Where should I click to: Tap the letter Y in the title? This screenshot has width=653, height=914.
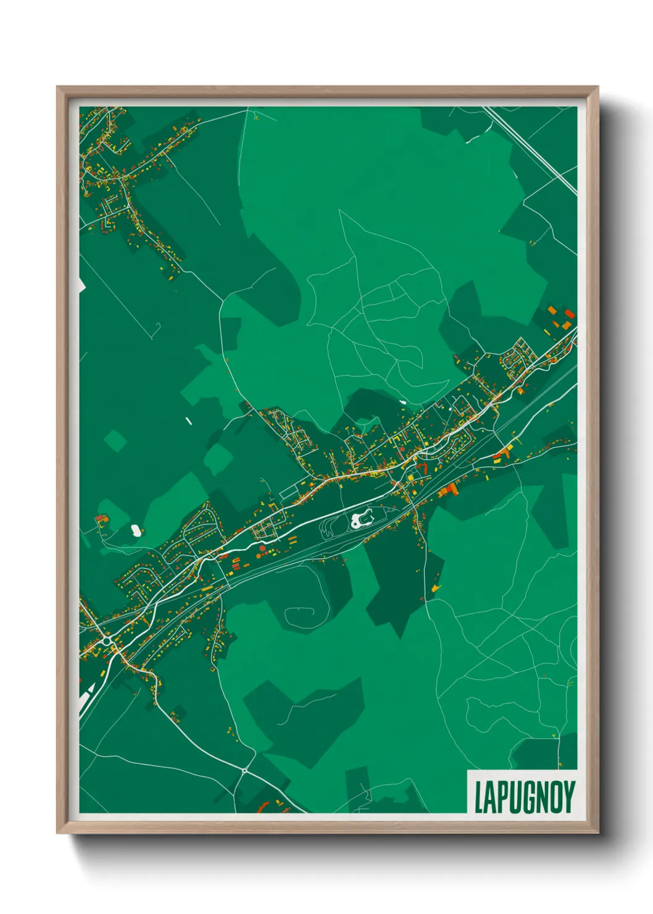568,797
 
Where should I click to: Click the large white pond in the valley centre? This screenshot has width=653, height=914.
362,519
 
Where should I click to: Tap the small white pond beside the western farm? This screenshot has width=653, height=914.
135,529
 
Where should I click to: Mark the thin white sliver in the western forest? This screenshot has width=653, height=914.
188,421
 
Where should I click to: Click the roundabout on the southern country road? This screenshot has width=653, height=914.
245,771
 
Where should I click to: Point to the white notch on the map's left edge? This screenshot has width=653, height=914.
81,286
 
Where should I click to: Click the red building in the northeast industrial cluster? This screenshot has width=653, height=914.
569,314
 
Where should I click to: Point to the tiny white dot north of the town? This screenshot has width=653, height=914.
402,402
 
